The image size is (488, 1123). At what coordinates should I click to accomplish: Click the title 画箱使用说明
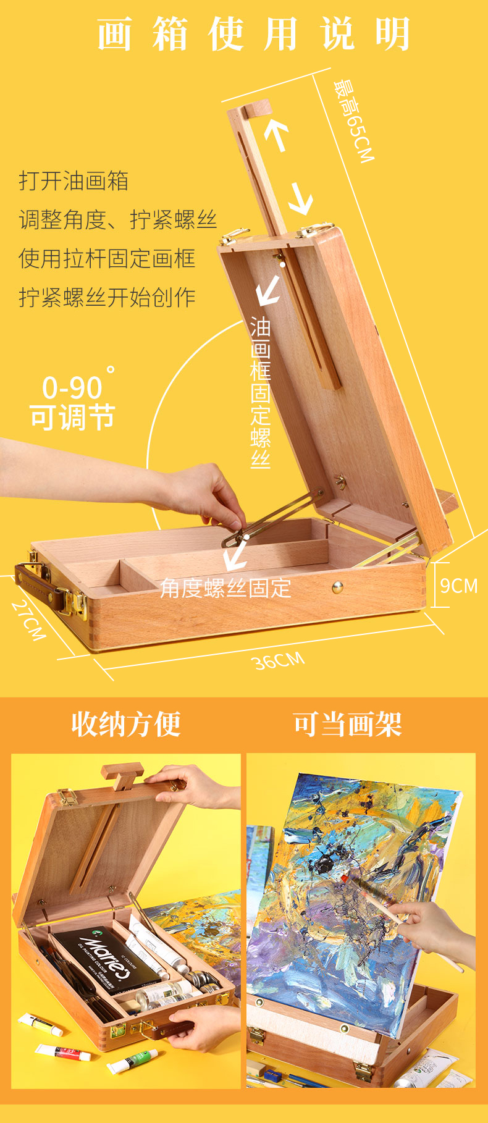pos(254,34)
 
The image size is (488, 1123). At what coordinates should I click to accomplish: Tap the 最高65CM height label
pos(354,120)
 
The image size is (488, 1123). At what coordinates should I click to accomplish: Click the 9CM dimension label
pos(459,586)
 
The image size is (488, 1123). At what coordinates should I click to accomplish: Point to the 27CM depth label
pos(29,620)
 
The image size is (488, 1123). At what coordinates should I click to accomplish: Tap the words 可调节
pos(72,418)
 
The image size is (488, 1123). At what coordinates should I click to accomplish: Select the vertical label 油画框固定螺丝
pos(261,393)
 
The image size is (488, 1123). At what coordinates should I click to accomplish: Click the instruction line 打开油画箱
pos(74,181)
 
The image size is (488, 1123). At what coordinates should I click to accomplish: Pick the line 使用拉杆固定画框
pos(107,258)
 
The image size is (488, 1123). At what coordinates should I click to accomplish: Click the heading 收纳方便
pos(126,724)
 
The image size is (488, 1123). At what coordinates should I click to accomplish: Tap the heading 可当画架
pos(348,724)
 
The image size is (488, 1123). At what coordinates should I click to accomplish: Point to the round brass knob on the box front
pos(337,587)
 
